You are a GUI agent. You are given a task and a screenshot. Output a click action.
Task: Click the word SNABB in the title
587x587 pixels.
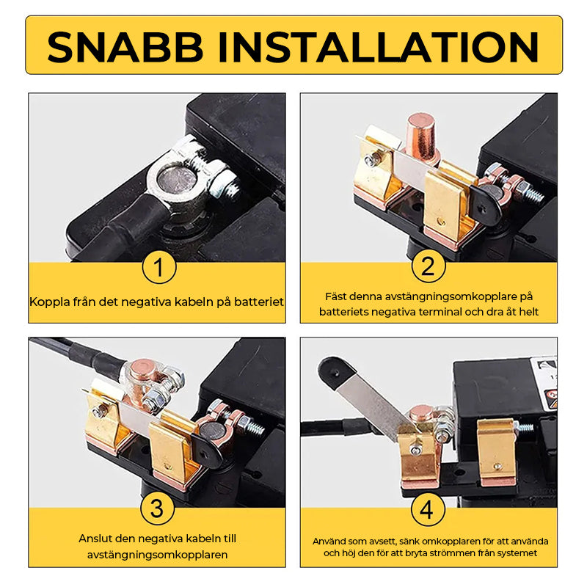pyautogui.click(x=125, y=47)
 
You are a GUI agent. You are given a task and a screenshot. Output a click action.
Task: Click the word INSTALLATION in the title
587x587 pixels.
pyautogui.click(x=379, y=47)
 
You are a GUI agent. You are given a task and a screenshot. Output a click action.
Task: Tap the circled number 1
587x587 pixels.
pyautogui.click(x=158, y=267)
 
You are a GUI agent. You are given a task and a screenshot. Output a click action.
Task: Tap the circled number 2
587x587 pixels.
pyautogui.click(x=429, y=266)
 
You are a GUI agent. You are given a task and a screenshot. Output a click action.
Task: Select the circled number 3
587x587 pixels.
pyautogui.click(x=157, y=508)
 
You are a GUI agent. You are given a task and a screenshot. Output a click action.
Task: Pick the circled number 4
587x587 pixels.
pyautogui.click(x=428, y=509)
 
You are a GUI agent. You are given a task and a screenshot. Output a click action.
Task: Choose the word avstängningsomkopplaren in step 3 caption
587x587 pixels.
pyautogui.click(x=157, y=555)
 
